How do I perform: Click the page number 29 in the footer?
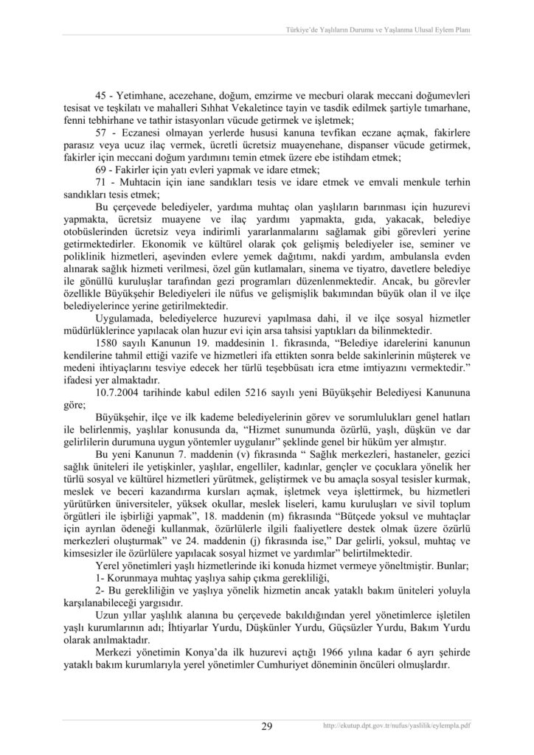[267, 726]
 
